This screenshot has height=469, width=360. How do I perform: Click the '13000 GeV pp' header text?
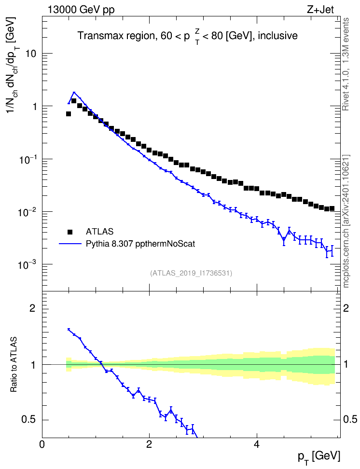(81, 10)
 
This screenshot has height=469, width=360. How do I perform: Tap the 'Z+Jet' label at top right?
(320, 10)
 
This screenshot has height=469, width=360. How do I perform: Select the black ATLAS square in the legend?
(70, 232)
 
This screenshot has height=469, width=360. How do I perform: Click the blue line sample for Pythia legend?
(70, 244)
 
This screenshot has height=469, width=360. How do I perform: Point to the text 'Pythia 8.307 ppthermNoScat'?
(140, 244)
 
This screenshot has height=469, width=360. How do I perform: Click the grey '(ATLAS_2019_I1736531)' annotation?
(191, 273)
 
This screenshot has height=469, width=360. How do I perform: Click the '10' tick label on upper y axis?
(30, 54)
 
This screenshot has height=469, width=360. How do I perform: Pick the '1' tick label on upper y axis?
(34, 107)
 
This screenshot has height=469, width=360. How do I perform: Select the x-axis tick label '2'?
(149, 444)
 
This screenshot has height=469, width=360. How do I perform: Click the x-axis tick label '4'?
(256, 444)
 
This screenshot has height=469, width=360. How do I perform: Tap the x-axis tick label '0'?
(42, 444)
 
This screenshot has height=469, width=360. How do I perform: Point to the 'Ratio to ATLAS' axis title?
(13, 365)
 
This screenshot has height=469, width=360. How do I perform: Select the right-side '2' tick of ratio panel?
(346, 308)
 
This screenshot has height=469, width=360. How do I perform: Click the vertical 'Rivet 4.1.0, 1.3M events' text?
(346, 64)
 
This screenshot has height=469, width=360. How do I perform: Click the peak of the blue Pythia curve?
(74, 93)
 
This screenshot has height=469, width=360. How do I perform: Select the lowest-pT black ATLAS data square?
(69, 114)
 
